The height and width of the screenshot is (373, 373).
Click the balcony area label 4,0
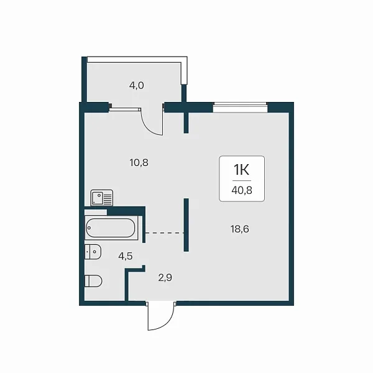137,85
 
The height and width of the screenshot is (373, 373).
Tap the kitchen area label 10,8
139,163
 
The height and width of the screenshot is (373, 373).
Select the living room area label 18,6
240,229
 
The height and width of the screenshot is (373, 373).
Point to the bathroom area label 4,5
126,256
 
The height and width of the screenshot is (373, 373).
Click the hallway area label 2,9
165,278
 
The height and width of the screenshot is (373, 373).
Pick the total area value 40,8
242,190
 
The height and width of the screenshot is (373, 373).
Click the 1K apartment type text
241,170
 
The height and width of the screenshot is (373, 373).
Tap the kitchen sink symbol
101,198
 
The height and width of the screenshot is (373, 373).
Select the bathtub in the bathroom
111,228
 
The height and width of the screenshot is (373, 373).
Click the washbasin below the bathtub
93,252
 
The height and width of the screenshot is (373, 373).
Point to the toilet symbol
93,281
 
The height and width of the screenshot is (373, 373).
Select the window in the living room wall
240,108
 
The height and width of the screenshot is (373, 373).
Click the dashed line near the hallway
165,233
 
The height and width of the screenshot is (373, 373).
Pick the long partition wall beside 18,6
186,225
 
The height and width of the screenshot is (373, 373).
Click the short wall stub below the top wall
186,122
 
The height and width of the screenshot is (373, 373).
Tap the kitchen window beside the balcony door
125,109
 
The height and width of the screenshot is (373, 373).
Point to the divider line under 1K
242,181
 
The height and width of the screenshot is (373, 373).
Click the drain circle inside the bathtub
89,228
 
